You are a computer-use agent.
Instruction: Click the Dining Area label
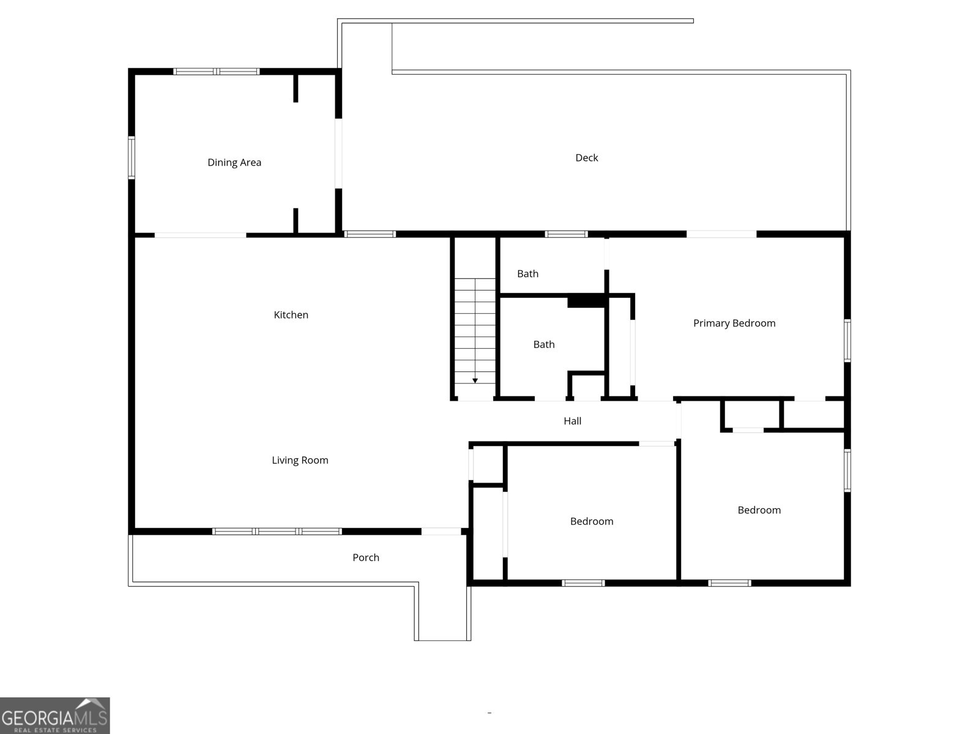[234, 162]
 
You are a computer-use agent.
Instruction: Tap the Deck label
[587, 158]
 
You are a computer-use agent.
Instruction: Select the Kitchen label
[291, 314]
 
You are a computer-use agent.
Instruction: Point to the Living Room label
[300, 461]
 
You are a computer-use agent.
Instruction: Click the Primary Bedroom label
[734, 323]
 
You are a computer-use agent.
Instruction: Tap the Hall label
[572, 421]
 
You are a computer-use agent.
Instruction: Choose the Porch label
[366, 557]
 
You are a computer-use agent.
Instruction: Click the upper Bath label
[527, 273]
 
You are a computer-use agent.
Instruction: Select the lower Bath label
[544, 344]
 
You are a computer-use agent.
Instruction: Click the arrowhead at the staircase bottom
[475, 380]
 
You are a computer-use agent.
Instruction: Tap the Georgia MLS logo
[55, 715]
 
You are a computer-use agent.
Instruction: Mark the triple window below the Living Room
[277, 531]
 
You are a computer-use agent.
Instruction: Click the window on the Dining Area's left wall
[132, 158]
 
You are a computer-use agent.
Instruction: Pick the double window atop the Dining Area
[217, 72]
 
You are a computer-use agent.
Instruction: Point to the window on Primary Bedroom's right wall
[847, 341]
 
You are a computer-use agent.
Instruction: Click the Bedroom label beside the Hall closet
[592, 521]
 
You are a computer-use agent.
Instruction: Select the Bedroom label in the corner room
[759, 510]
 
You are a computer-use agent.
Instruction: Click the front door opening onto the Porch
[441, 531]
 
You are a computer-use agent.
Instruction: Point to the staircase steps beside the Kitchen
[475, 331]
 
